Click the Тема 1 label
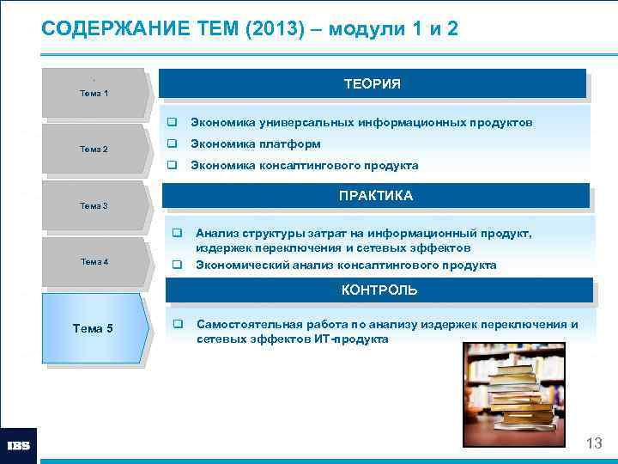94,93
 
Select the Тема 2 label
94,150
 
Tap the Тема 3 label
94,205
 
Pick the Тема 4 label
94,261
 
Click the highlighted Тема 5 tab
94,327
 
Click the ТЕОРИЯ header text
373,83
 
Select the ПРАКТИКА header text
375,196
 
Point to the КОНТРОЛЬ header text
379,290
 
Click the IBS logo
18,446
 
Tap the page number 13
594,443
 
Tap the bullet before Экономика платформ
172,143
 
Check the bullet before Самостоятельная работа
177,325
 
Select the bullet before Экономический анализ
177,265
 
